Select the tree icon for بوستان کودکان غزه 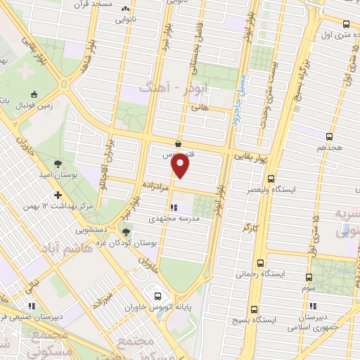127,232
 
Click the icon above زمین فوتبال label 33,94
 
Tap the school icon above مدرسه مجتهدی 172,207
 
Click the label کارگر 250,229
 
